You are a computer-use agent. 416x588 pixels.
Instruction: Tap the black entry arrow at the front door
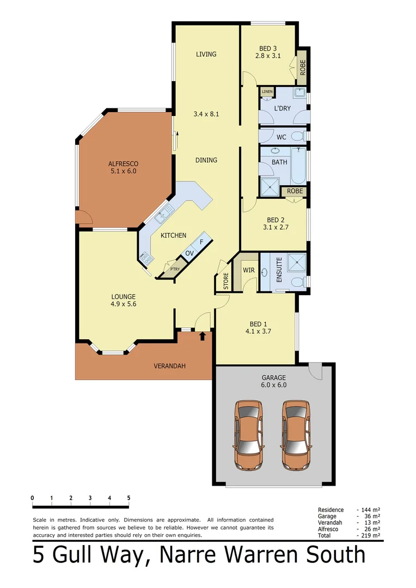(x=203, y=336)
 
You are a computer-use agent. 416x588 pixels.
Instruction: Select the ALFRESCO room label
(x=123, y=163)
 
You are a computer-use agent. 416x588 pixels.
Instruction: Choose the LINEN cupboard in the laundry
(x=267, y=91)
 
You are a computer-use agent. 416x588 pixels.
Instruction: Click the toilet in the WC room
(x=298, y=136)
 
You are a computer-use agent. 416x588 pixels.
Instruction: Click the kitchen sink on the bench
(x=163, y=216)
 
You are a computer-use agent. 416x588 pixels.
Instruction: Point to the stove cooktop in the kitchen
(x=146, y=258)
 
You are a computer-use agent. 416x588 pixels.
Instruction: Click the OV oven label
(x=189, y=253)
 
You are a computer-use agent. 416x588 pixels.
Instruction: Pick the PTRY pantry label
(x=175, y=268)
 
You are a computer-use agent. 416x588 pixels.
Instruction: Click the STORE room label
(x=226, y=281)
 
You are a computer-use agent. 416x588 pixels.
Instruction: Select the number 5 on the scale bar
(x=129, y=498)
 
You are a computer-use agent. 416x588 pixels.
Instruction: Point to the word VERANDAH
(x=169, y=366)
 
